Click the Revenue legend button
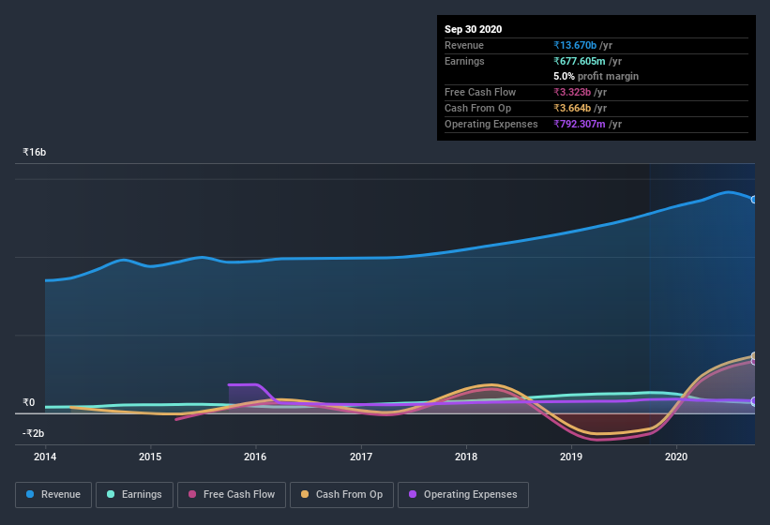click(x=53, y=494)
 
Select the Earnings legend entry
click(x=133, y=494)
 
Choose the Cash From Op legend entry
click(x=341, y=494)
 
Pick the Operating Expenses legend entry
click(x=462, y=494)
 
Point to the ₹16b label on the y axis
click(x=35, y=152)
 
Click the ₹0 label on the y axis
click(x=28, y=403)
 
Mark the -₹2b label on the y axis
click(x=33, y=433)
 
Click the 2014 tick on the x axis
click(x=45, y=457)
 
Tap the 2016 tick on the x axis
click(x=255, y=457)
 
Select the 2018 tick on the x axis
click(x=466, y=457)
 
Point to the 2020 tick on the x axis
click(x=676, y=457)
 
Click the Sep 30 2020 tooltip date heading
click(x=473, y=29)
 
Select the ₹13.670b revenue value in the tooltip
click(x=582, y=45)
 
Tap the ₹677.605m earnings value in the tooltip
click(x=588, y=61)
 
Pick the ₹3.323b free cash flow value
click(x=580, y=92)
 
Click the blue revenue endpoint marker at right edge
click(x=754, y=200)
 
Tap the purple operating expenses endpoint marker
click(x=754, y=401)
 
